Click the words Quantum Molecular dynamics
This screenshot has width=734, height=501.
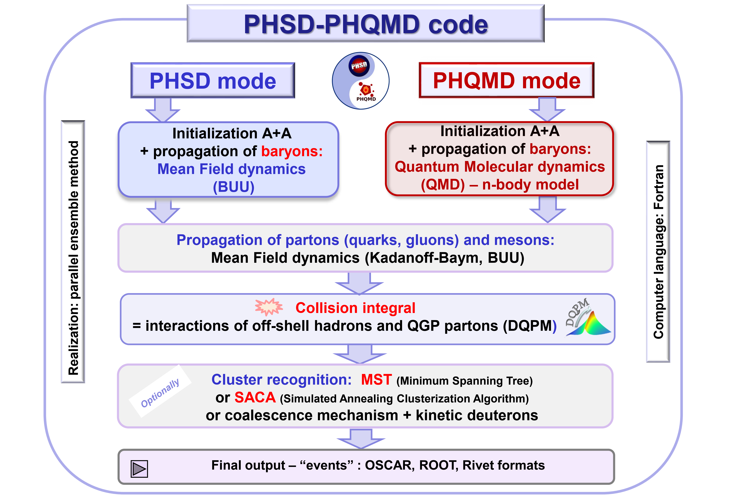pyautogui.click(x=500, y=167)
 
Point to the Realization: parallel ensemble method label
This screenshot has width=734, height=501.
pyautogui.click(x=73, y=257)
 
